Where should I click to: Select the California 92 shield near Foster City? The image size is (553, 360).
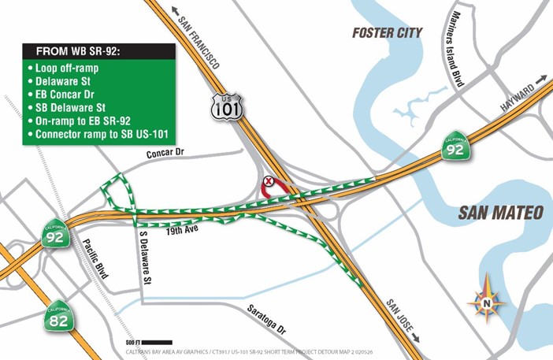pos(455,147)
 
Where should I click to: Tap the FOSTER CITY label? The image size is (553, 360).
pos(387,33)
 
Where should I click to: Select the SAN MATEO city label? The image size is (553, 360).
pos(501,213)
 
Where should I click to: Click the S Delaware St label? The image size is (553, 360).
pos(144,257)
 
